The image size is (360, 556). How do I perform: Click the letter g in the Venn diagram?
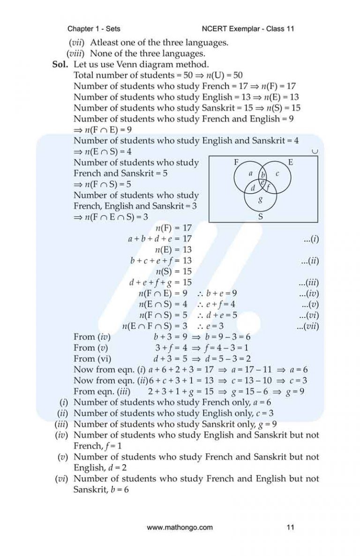coord(261,200)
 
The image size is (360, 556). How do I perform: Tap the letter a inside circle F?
coord(250,173)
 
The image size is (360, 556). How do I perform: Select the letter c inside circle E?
coord(277,174)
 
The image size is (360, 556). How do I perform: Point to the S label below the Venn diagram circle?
coord(261,217)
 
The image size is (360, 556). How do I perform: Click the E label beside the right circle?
coord(291,163)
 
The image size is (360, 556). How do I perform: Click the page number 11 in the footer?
coord(290,527)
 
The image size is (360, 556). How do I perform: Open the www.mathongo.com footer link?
coord(180,527)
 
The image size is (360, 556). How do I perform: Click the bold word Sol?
coord(60,65)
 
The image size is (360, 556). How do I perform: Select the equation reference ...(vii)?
coord(307,326)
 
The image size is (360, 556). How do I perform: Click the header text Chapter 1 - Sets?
coord(94,29)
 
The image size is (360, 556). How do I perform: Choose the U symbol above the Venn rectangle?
coord(315,151)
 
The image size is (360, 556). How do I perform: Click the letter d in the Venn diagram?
coord(253,188)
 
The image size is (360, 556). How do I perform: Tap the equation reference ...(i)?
coord(311,239)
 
